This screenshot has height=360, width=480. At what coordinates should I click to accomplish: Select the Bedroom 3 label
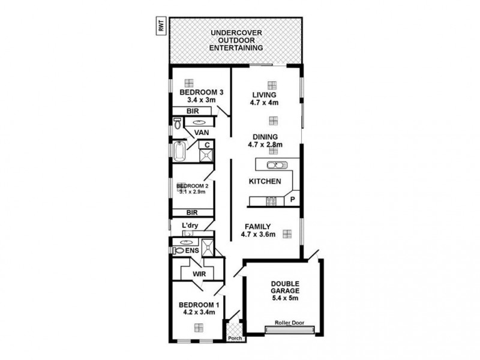[x=202, y=96]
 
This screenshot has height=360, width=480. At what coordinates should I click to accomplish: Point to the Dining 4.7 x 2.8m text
[x=265, y=140]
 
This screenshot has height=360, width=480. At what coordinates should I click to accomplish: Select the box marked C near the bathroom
[x=207, y=145]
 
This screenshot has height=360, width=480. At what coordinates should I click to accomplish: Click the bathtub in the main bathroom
[x=179, y=151]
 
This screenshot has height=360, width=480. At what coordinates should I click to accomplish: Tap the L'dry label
[x=190, y=226]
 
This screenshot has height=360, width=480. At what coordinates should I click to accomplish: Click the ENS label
[x=192, y=250]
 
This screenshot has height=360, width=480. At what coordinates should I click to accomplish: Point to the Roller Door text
[x=289, y=323]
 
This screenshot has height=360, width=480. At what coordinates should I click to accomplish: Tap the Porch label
[x=235, y=338]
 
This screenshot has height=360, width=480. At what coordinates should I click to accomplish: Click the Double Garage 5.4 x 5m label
[x=284, y=290]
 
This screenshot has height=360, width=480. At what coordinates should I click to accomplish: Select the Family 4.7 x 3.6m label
[x=259, y=230]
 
